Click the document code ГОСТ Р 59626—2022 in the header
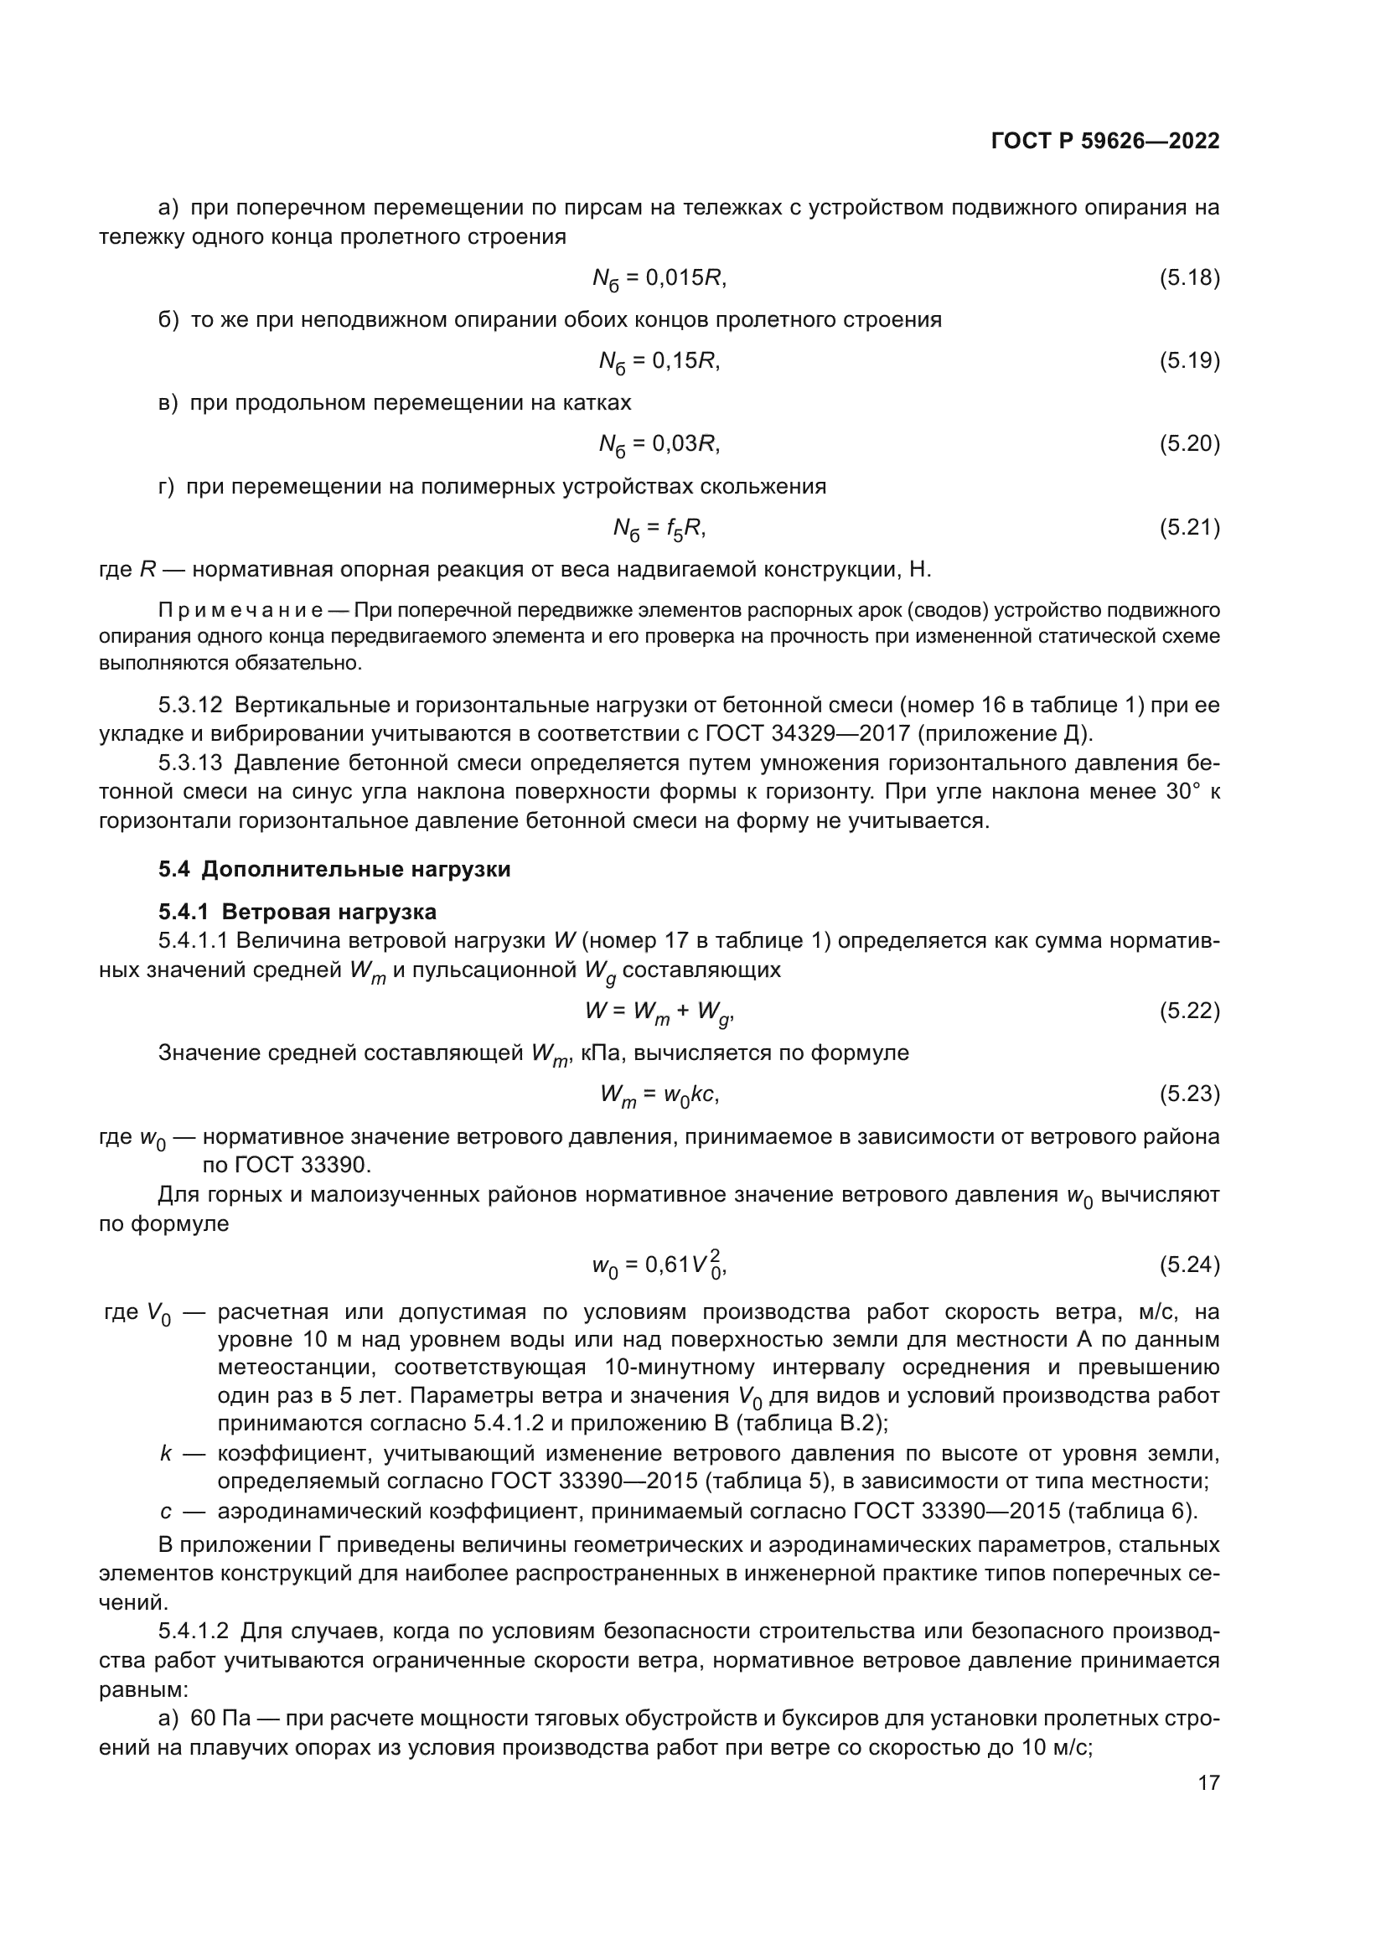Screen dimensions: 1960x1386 1104,142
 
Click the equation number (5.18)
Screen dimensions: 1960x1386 1189,277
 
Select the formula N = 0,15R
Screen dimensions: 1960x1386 659,362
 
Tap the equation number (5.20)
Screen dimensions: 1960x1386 1189,443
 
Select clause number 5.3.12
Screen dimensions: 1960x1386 190,705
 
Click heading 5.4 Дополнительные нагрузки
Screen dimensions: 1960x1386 334,870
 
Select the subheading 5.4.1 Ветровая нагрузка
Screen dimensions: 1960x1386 297,912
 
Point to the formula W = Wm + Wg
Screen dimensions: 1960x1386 659,1012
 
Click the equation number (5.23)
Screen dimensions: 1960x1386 1189,1094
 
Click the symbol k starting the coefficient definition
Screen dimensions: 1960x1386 166,1453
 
